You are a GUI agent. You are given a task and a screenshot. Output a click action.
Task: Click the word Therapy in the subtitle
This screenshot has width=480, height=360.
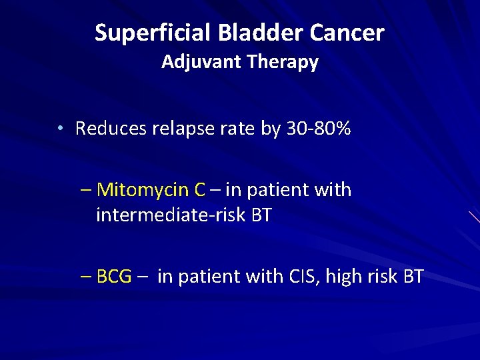[x=283, y=63]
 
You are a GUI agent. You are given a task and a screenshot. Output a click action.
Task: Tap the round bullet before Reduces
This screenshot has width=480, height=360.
[x=60, y=129]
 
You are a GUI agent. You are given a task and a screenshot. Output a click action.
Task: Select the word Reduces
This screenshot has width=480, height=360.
[x=111, y=129]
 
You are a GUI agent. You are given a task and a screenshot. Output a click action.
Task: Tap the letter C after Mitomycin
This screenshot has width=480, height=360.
[x=199, y=191]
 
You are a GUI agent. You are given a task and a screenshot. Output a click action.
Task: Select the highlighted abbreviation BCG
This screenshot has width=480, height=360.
[x=114, y=277]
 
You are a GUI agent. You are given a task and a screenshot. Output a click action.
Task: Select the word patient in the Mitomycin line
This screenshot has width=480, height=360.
[x=280, y=191]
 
